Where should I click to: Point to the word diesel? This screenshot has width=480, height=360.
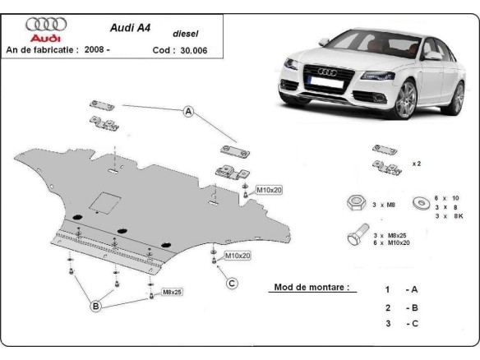point(185,34)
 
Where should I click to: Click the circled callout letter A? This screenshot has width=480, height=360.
point(188,111)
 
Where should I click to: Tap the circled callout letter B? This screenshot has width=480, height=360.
point(95,306)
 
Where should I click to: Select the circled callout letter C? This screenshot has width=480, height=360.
point(232,284)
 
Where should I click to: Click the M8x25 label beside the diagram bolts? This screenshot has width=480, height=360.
point(172,292)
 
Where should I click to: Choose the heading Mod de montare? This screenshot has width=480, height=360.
point(312,288)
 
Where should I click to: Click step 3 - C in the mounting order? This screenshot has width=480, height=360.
point(401,325)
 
